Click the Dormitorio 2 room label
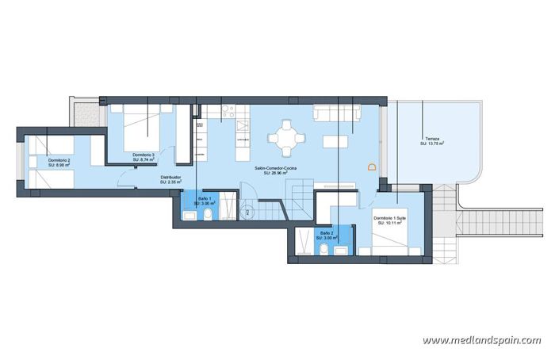pyautogui.click(x=59, y=161)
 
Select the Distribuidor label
pyautogui.click(x=170, y=177)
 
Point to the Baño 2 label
pyautogui.click(x=327, y=232)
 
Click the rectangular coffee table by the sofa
pyautogui.click(x=335, y=140)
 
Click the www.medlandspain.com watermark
pyautogui.click(x=481, y=340)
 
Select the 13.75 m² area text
pyautogui.click(x=432, y=144)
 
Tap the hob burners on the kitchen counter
pyautogui.click(x=225, y=111)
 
